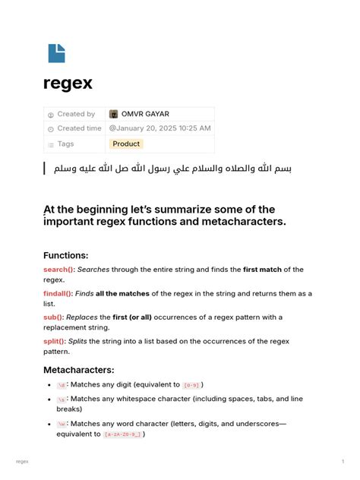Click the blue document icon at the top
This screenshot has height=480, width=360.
(57, 52)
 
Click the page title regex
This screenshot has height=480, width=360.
(68, 84)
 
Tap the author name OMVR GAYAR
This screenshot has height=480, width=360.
(145, 114)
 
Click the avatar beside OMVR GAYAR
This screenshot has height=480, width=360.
(114, 114)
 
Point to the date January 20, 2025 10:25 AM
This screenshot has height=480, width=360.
(160, 128)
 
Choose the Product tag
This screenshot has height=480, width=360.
(126, 144)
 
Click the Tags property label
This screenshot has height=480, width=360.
(65, 144)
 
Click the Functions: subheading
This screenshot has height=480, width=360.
(66, 255)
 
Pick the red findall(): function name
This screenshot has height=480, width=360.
(58, 293)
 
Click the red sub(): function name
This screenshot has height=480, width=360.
(54, 317)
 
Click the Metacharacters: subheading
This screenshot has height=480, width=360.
(79, 370)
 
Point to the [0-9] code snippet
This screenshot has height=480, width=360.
(191, 385)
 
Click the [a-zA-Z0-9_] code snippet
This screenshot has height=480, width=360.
(122, 434)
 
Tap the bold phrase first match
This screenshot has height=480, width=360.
(261, 270)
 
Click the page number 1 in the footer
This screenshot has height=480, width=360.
(343, 461)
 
